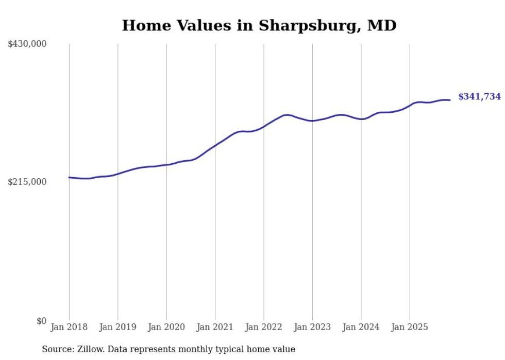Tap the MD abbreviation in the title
coord(382,25)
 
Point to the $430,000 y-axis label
coord(27,44)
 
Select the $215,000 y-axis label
coord(27,182)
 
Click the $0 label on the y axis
coord(41,321)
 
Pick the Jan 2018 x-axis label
coord(69,327)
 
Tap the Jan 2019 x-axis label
coord(117,327)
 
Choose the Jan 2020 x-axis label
coord(166,327)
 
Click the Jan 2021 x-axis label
coord(215,327)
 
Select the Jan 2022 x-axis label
coord(264,327)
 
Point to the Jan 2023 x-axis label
coord(312,327)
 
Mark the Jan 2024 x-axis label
coord(361,327)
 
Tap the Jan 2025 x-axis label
coord(410,327)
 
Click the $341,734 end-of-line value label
coord(479,96)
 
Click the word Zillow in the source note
coord(88,349)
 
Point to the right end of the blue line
coord(450,100)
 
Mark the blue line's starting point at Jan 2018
coord(69,177)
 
